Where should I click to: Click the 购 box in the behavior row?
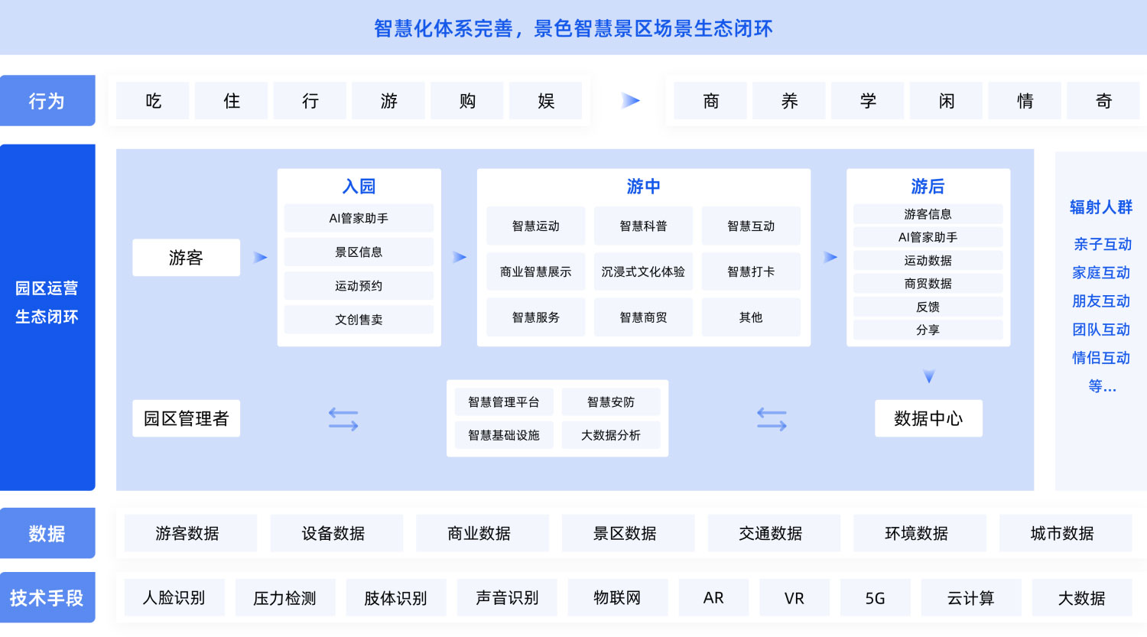(467, 101)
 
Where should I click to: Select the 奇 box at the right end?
(1103, 101)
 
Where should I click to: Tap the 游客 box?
(186, 258)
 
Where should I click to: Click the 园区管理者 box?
(186, 418)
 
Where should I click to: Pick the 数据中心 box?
(928, 418)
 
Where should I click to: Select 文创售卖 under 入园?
(359, 320)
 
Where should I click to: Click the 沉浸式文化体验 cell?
(643, 271)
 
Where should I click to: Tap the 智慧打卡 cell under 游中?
(751, 271)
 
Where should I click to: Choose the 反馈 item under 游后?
(928, 307)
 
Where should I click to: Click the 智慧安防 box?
(611, 402)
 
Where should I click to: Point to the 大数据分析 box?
(611, 435)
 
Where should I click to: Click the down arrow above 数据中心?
(929, 376)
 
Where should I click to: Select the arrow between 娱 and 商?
(630, 100)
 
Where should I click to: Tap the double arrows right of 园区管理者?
(343, 419)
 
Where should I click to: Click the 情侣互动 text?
(1101, 357)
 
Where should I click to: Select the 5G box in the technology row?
(875, 597)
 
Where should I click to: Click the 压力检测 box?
(284, 597)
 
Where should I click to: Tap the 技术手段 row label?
(47, 597)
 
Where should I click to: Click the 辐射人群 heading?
(1101, 207)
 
